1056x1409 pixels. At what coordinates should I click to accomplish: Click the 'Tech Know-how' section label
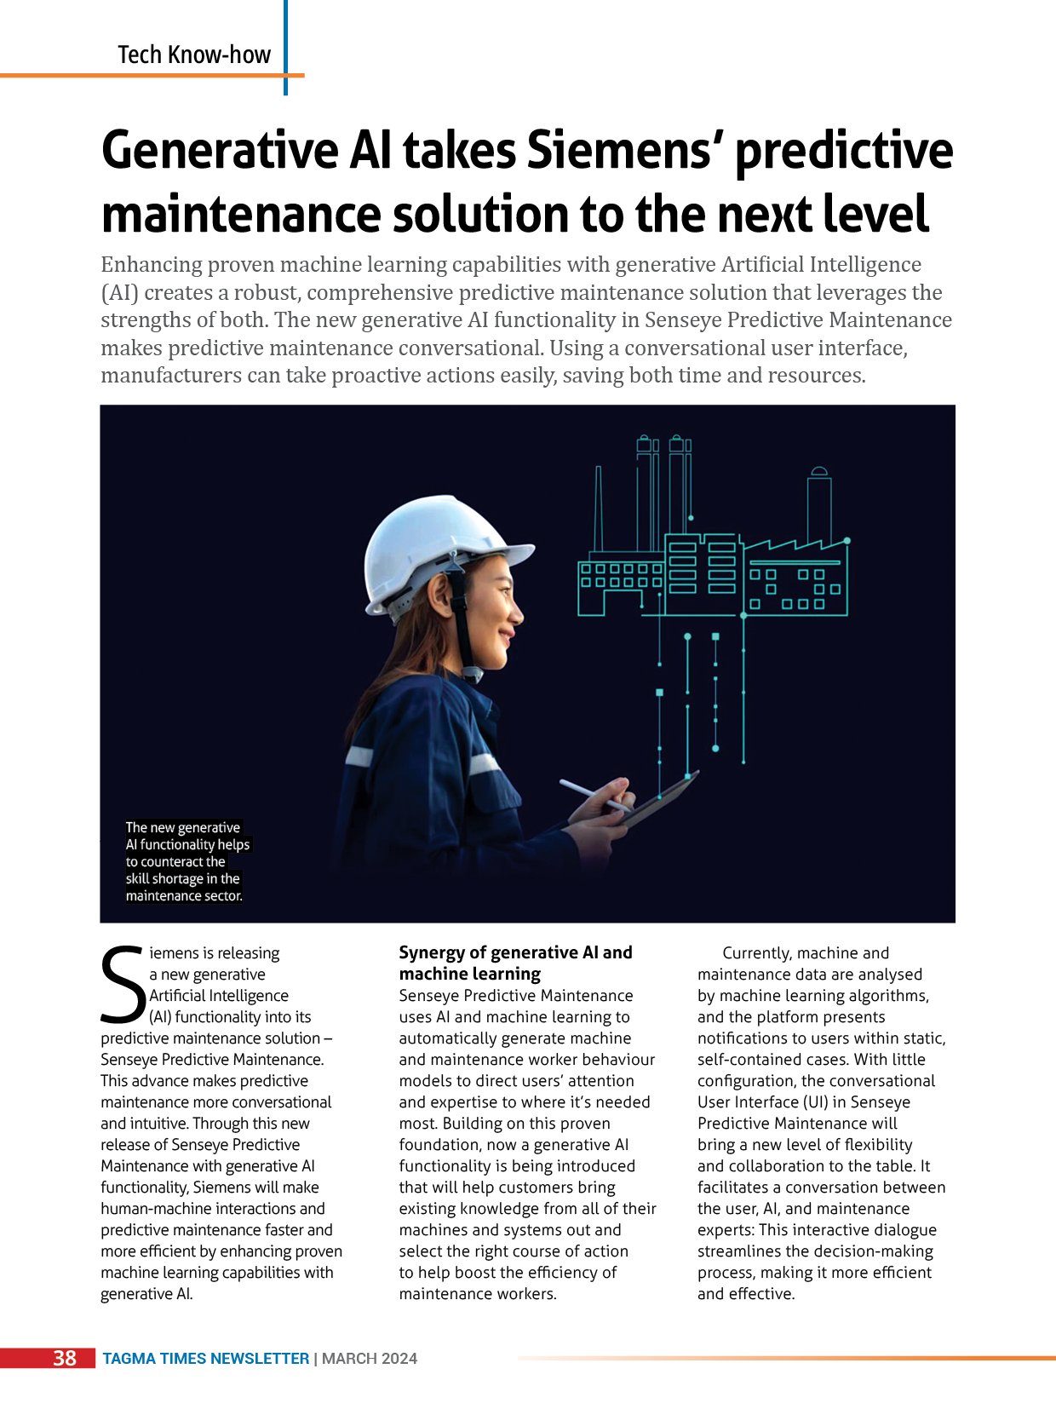194,55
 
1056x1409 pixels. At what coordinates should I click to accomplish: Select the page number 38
64,1358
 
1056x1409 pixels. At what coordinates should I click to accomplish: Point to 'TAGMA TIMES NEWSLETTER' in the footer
206,1359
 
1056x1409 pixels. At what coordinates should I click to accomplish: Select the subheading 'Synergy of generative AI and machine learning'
515,963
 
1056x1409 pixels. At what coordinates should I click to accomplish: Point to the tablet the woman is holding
656,801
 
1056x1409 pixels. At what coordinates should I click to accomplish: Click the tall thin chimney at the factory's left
599,512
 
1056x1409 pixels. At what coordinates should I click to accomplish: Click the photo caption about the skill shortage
187,861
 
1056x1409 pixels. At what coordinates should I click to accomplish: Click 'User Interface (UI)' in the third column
763,1102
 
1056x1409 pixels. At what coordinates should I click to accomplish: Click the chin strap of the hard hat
465,622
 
